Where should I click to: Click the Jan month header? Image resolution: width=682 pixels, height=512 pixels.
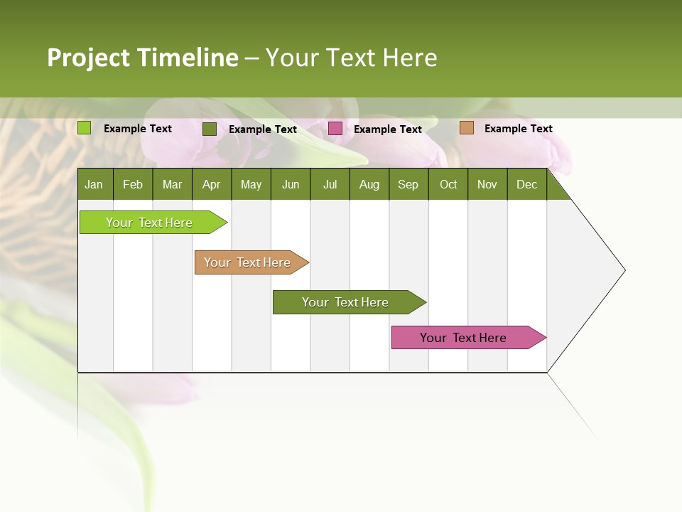[94, 184]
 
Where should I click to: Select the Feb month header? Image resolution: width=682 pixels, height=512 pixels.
[133, 184]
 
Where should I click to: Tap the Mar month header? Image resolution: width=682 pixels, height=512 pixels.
[172, 184]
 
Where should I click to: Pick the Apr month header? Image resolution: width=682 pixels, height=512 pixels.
[212, 184]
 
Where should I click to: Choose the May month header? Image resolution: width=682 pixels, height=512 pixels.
[251, 184]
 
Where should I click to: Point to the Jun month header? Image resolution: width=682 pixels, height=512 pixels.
[291, 184]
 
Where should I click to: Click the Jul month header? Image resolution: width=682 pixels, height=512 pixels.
[330, 184]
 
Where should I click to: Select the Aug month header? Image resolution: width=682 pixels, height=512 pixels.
[369, 184]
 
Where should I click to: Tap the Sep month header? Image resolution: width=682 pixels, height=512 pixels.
[408, 184]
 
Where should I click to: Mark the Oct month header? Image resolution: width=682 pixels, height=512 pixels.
[448, 184]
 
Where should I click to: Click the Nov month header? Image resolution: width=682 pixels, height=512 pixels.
[487, 184]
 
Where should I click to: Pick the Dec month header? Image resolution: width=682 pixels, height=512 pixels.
[527, 184]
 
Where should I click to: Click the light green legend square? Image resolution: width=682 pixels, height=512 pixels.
[85, 128]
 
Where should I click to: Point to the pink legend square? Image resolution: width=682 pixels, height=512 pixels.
[335, 129]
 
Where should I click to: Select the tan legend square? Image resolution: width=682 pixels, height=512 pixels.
[467, 128]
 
